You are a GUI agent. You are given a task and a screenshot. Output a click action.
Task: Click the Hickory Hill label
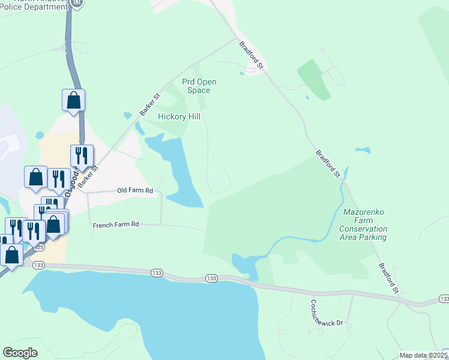pos(179,116)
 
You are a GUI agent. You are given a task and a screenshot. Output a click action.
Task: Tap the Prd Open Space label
pos(199,86)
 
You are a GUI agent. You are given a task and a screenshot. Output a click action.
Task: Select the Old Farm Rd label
pos(135,191)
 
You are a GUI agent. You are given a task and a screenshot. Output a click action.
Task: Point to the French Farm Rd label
pos(116,224)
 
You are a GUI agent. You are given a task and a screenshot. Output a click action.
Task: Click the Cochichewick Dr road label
pos(327,313)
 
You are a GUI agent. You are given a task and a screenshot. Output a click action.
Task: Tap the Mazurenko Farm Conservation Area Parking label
pos(363,224)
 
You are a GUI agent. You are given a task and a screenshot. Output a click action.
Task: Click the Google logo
pos(20,353)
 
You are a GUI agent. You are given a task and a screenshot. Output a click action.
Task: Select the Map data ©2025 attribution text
pos(423,355)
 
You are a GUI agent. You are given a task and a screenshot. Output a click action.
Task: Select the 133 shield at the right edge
pos(444,299)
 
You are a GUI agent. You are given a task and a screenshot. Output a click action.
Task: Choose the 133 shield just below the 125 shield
pos(39,265)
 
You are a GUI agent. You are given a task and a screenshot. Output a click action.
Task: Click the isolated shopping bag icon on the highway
pos(73,100)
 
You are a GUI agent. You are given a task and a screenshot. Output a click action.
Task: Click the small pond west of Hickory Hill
pos(127,116)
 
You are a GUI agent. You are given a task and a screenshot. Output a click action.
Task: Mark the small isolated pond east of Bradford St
pos(363,150)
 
